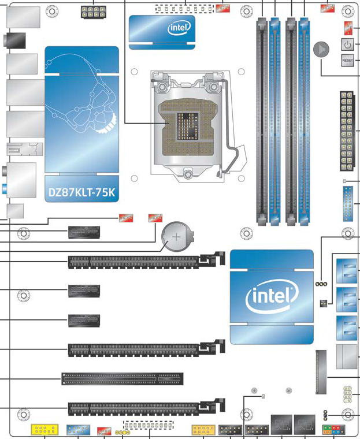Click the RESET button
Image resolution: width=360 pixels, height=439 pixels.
coord(347,59)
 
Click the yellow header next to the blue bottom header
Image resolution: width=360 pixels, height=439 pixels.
coord(44,430)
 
